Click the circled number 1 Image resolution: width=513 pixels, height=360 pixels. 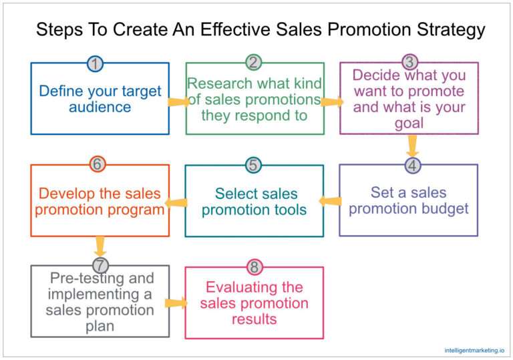96,63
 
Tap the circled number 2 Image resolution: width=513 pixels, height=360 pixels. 252,63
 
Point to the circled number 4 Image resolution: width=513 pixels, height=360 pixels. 413,165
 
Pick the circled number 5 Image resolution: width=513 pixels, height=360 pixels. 252,165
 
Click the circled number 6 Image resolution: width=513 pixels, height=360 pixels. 98,164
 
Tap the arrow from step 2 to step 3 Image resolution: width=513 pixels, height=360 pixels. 332,102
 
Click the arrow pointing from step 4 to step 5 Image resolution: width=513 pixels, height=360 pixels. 330,200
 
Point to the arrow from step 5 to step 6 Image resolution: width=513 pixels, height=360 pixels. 175,202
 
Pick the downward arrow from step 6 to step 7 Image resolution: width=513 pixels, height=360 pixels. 101,246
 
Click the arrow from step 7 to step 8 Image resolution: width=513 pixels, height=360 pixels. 175,303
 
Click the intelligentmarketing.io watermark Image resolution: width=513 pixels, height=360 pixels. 474,349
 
